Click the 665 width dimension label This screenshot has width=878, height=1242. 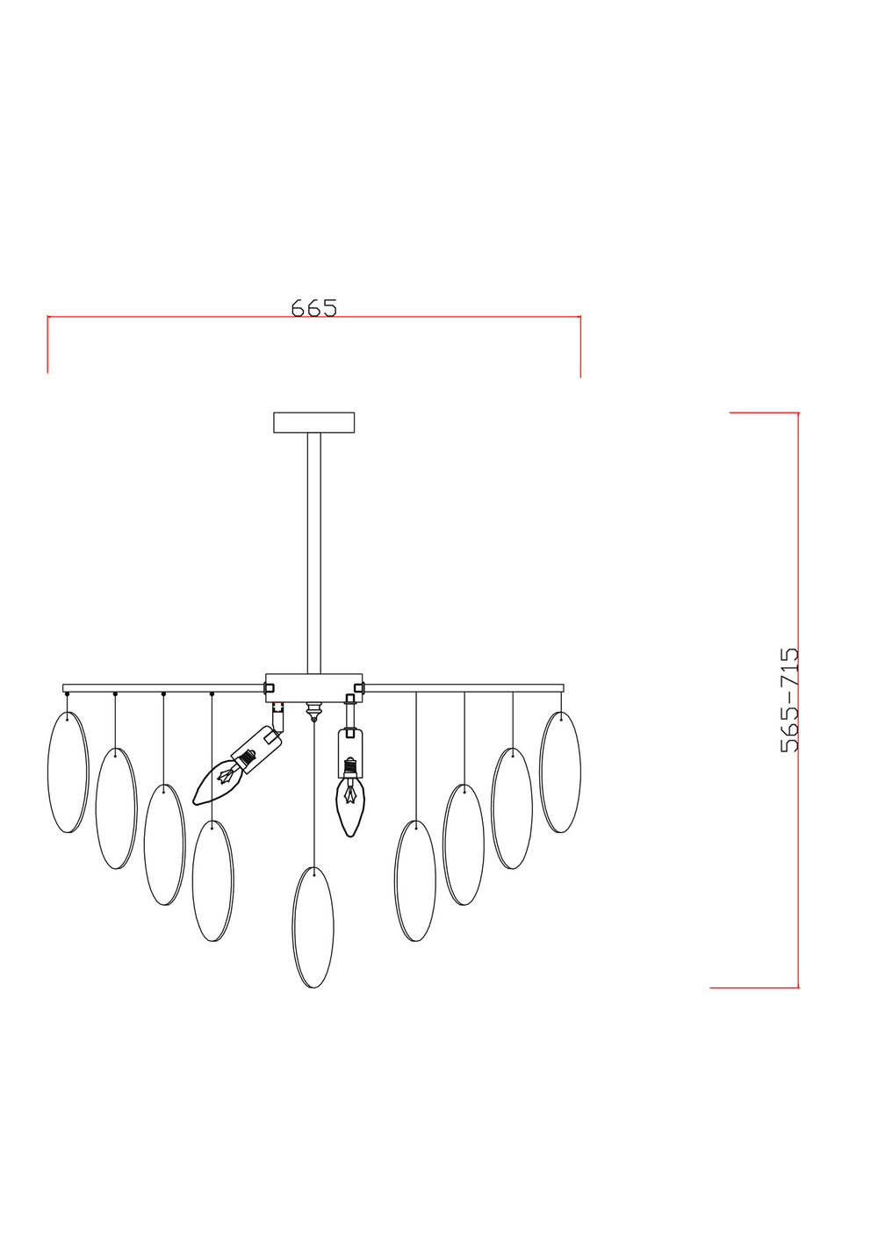coord(314,307)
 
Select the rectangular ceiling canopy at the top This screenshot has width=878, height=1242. coord(314,422)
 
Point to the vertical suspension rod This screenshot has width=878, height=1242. coord(314,553)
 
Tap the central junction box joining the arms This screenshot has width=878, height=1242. coord(314,689)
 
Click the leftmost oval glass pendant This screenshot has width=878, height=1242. coord(68,772)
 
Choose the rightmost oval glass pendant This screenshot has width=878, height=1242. coord(560,772)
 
